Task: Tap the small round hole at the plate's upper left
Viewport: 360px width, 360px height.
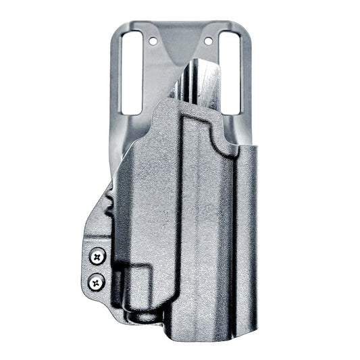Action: [x=153, y=41]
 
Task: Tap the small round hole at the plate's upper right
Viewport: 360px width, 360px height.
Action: [x=210, y=41]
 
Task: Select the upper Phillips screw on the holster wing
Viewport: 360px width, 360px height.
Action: [x=98, y=256]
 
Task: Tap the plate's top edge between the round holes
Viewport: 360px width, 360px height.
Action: [x=181, y=24]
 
